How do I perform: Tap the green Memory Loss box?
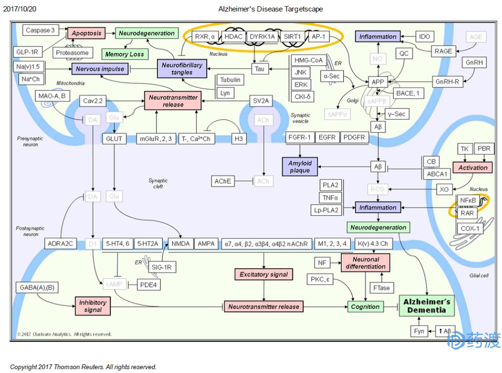click(124, 54)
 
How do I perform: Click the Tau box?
click(260, 69)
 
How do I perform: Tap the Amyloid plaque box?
click(299, 167)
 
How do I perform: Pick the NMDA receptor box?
click(180, 244)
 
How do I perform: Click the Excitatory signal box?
click(263, 274)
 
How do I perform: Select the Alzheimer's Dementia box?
click(427, 306)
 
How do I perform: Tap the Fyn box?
click(419, 331)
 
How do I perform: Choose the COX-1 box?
click(470, 229)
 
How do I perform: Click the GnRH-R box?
click(447, 82)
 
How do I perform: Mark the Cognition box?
click(365, 307)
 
